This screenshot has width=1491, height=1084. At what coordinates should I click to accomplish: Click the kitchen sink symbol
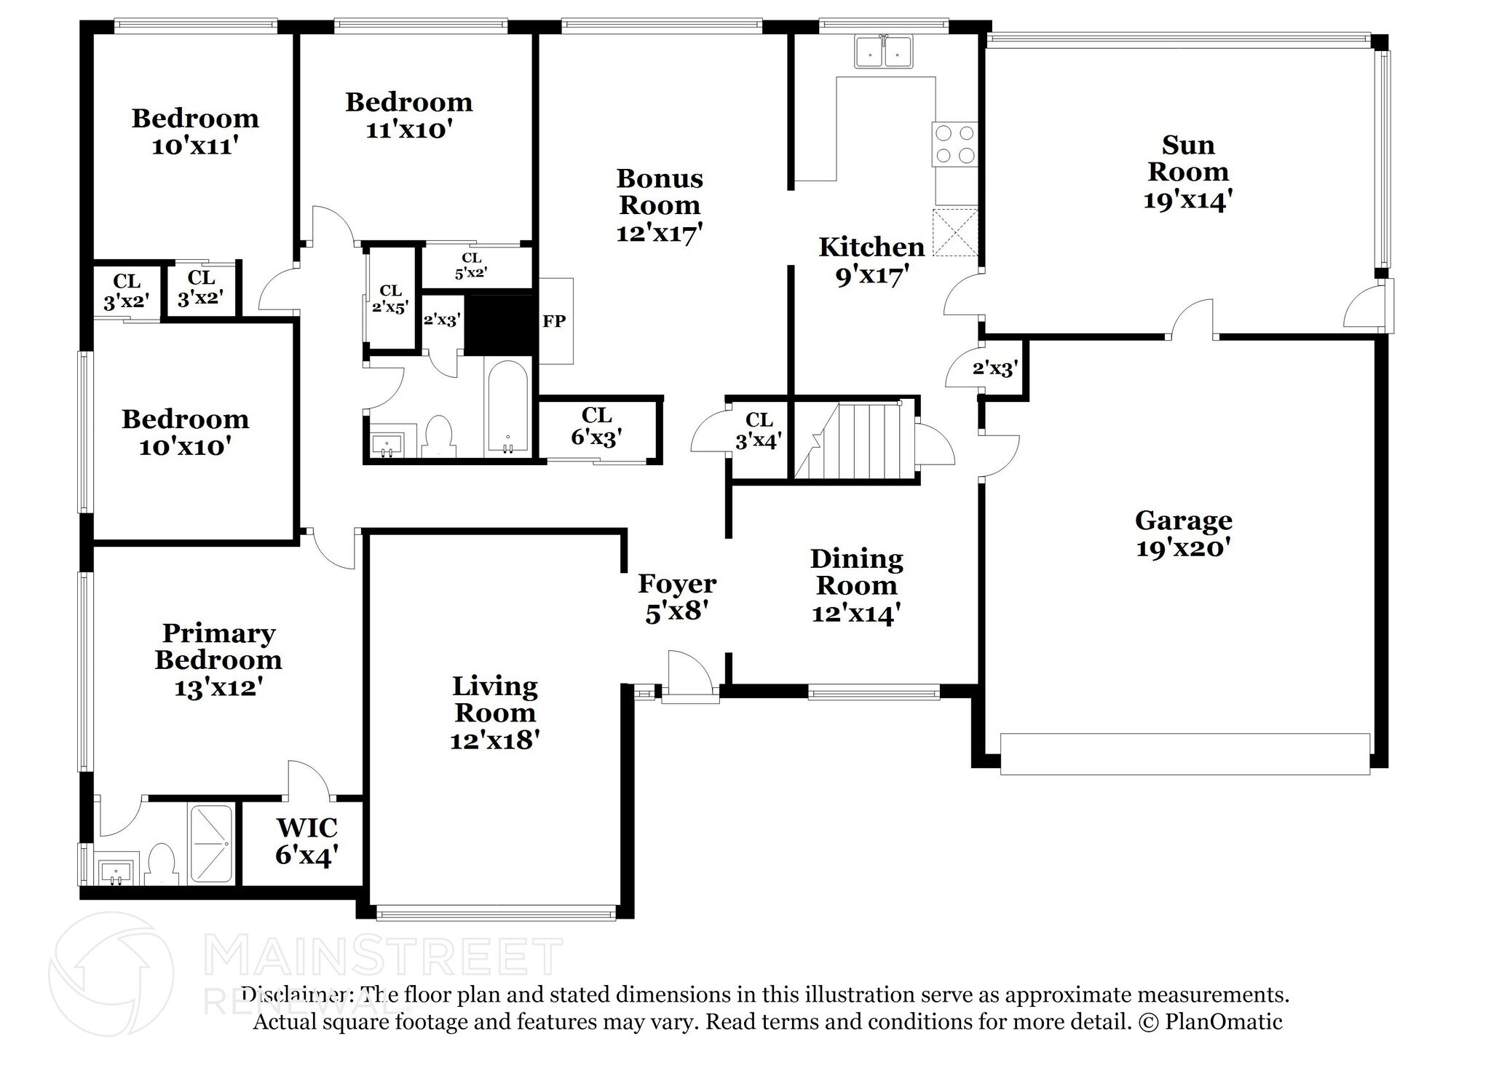pyautogui.click(x=884, y=52)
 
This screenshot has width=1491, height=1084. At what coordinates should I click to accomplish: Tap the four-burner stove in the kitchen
pyautogui.click(x=954, y=144)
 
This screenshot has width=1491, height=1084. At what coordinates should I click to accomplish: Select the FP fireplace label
pyautogui.click(x=554, y=321)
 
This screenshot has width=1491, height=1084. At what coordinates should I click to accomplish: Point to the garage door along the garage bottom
pyautogui.click(x=1185, y=754)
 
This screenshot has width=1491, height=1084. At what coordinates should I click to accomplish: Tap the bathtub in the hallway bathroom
pyautogui.click(x=508, y=408)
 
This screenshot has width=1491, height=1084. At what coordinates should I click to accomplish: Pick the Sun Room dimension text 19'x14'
pyautogui.click(x=1187, y=199)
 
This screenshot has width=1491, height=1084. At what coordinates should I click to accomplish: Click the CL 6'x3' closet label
pyautogui.click(x=596, y=427)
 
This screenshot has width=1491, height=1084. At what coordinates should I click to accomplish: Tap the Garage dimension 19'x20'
pyautogui.click(x=1183, y=547)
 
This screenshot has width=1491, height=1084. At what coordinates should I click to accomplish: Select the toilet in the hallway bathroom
pyautogui.click(x=438, y=436)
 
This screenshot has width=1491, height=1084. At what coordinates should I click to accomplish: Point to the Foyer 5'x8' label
pyautogui.click(x=677, y=597)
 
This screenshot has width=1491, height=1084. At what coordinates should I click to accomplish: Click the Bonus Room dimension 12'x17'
pyautogui.click(x=659, y=232)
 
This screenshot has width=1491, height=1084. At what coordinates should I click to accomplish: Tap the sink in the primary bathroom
pyautogui.click(x=115, y=871)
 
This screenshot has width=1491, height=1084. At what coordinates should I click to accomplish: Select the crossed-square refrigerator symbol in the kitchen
pyautogui.click(x=955, y=232)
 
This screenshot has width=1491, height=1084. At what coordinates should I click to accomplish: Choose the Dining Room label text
pyautogui.click(x=856, y=572)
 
